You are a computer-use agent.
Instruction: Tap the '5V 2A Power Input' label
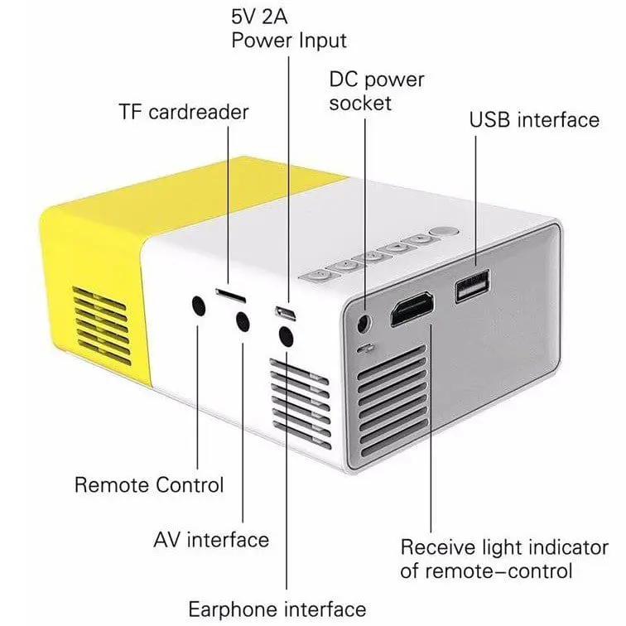288,27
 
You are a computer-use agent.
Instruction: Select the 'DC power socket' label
377,91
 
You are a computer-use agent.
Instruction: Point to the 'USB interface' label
534,119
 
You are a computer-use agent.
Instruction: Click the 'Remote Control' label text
149,484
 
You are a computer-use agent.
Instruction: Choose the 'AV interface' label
211,540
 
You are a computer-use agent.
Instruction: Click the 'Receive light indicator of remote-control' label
487,559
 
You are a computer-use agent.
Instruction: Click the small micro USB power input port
287,313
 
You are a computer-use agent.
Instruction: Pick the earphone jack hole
287,336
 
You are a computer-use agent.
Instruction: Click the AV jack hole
243,322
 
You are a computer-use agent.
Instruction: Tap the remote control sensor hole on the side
199,305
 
